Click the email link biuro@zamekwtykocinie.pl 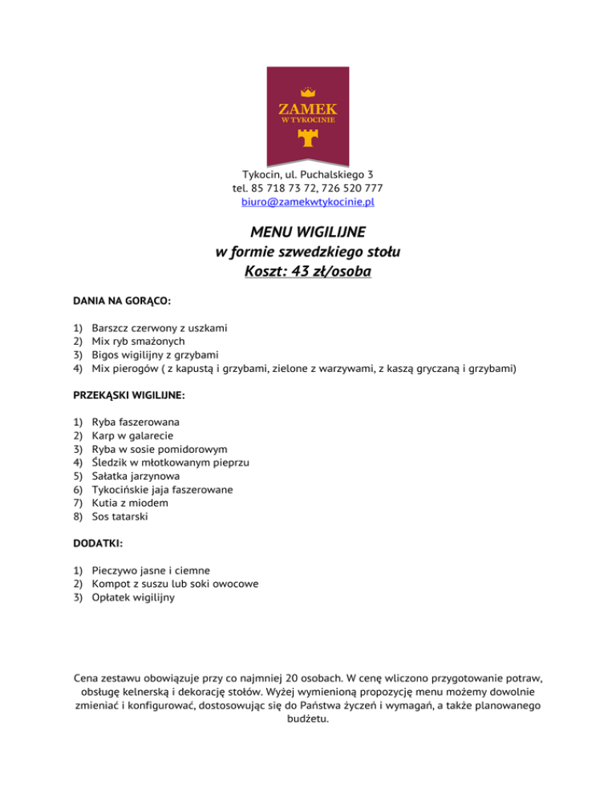(x=308, y=203)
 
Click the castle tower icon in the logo (x=307, y=137)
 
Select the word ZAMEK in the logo (x=307, y=107)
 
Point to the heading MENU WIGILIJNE (x=308, y=233)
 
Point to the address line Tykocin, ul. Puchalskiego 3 (x=308, y=174)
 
